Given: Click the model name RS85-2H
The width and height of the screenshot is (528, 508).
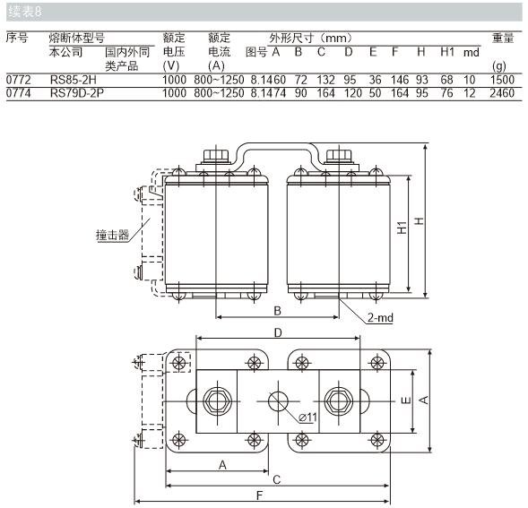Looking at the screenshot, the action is (x=74, y=80).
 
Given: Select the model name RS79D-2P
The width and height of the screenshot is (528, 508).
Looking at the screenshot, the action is (x=77, y=93).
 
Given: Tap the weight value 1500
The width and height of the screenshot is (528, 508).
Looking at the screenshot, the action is (x=502, y=80).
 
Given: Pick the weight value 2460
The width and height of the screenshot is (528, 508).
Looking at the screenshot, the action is (x=502, y=93).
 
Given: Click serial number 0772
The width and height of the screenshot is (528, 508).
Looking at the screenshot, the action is (x=19, y=80).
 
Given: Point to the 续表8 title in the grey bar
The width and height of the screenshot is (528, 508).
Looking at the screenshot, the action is (x=25, y=12).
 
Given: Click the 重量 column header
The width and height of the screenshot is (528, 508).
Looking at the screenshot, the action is (x=503, y=38).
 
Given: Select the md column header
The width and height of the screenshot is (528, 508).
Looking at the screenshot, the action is (x=472, y=53).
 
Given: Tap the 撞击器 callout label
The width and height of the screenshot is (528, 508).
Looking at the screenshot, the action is (x=112, y=235).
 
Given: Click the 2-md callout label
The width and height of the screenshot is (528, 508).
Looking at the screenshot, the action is (x=380, y=317).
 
